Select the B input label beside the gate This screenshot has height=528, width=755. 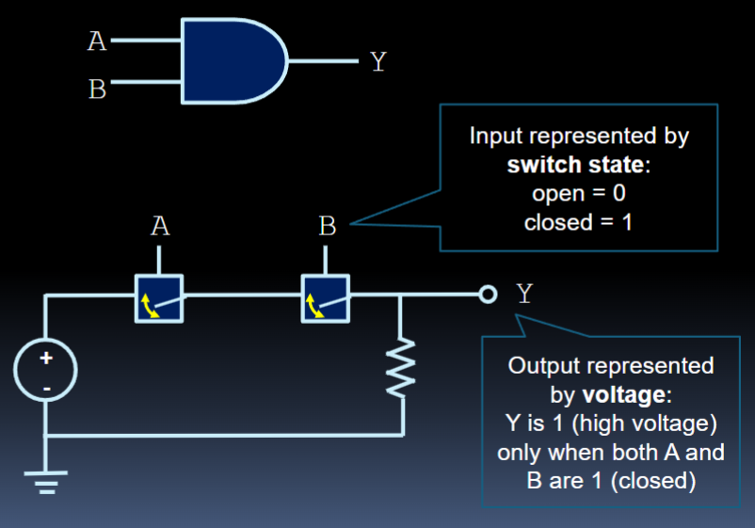(x=97, y=90)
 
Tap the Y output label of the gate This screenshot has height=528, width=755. (x=377, y=62)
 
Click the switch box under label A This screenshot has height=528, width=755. (x=158, y=298)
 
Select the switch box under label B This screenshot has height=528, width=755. (x=325, y=298)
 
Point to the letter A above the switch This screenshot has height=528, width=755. (x=159, y=227)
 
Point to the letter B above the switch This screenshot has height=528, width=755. (x=327, y=227)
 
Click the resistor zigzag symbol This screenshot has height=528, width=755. (x=403, y=368)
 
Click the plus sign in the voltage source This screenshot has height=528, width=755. (x=44, y=360)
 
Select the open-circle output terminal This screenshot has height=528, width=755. (x=488, y=295)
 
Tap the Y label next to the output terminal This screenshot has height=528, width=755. (x=523, y=294)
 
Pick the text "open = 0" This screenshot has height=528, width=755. (x=579, y=194)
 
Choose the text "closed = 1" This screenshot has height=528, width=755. (x=578, y=223)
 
